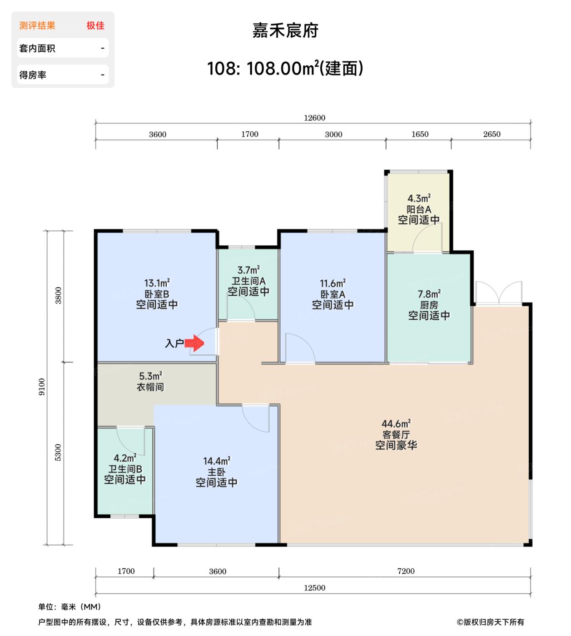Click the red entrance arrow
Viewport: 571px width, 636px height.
194,343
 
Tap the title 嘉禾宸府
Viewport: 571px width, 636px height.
285,30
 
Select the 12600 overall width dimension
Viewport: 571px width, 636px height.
314,118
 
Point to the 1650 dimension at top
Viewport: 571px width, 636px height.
420,134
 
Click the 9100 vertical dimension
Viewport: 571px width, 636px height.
42,387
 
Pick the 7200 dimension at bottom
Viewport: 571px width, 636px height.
406,571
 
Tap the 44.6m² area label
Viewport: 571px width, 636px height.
396,424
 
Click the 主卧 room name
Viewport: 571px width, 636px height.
217,472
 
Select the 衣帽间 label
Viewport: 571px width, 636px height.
150,387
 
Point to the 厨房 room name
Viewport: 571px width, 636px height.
429,305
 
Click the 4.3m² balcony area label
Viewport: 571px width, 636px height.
419,199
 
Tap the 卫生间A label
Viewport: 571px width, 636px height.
248,281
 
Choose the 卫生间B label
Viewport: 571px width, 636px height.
125,469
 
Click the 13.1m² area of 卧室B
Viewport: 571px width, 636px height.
157,283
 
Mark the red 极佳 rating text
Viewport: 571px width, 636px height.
95,25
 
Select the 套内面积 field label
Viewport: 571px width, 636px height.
37,48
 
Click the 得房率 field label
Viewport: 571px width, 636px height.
33,75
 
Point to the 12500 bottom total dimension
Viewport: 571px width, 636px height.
314,588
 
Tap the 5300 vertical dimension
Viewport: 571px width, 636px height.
58,452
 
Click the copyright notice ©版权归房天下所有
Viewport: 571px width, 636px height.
490,622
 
